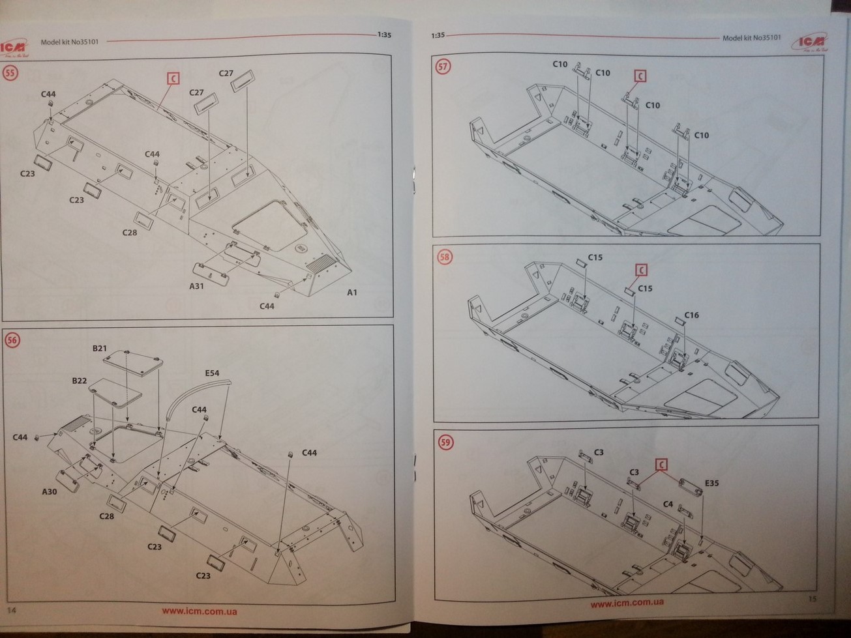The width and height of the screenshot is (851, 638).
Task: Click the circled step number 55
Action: click(10, 73)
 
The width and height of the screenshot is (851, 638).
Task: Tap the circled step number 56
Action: click(12, 340)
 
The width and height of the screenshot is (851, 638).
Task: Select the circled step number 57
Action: click(443, 67)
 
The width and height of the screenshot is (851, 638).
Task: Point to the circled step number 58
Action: click(444, 257)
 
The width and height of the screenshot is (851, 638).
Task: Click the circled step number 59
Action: click(446, 442)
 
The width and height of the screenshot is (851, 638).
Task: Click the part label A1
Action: click(352, 293)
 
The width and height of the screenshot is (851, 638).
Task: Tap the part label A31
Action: click(197, 286)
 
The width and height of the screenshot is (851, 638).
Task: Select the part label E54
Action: click(212, 373)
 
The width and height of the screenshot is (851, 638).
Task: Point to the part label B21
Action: click(99, 349)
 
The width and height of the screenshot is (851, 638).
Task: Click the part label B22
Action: click(80, 381)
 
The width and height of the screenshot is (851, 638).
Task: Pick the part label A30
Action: click(50, 491)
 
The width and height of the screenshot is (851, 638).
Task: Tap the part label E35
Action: click(711, 484)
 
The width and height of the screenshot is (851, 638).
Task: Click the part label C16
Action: click(691, 315)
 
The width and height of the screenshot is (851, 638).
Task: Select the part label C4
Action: click(668, 504)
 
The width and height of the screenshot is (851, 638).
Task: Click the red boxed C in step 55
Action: click(173, 79)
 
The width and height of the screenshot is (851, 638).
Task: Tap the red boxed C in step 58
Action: click(641, 270)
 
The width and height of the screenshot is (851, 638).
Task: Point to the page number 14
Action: click(11, 610)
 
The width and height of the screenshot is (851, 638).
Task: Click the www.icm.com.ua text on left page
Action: click(199, 611)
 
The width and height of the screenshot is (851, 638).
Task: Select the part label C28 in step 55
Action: click(130, 233)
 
